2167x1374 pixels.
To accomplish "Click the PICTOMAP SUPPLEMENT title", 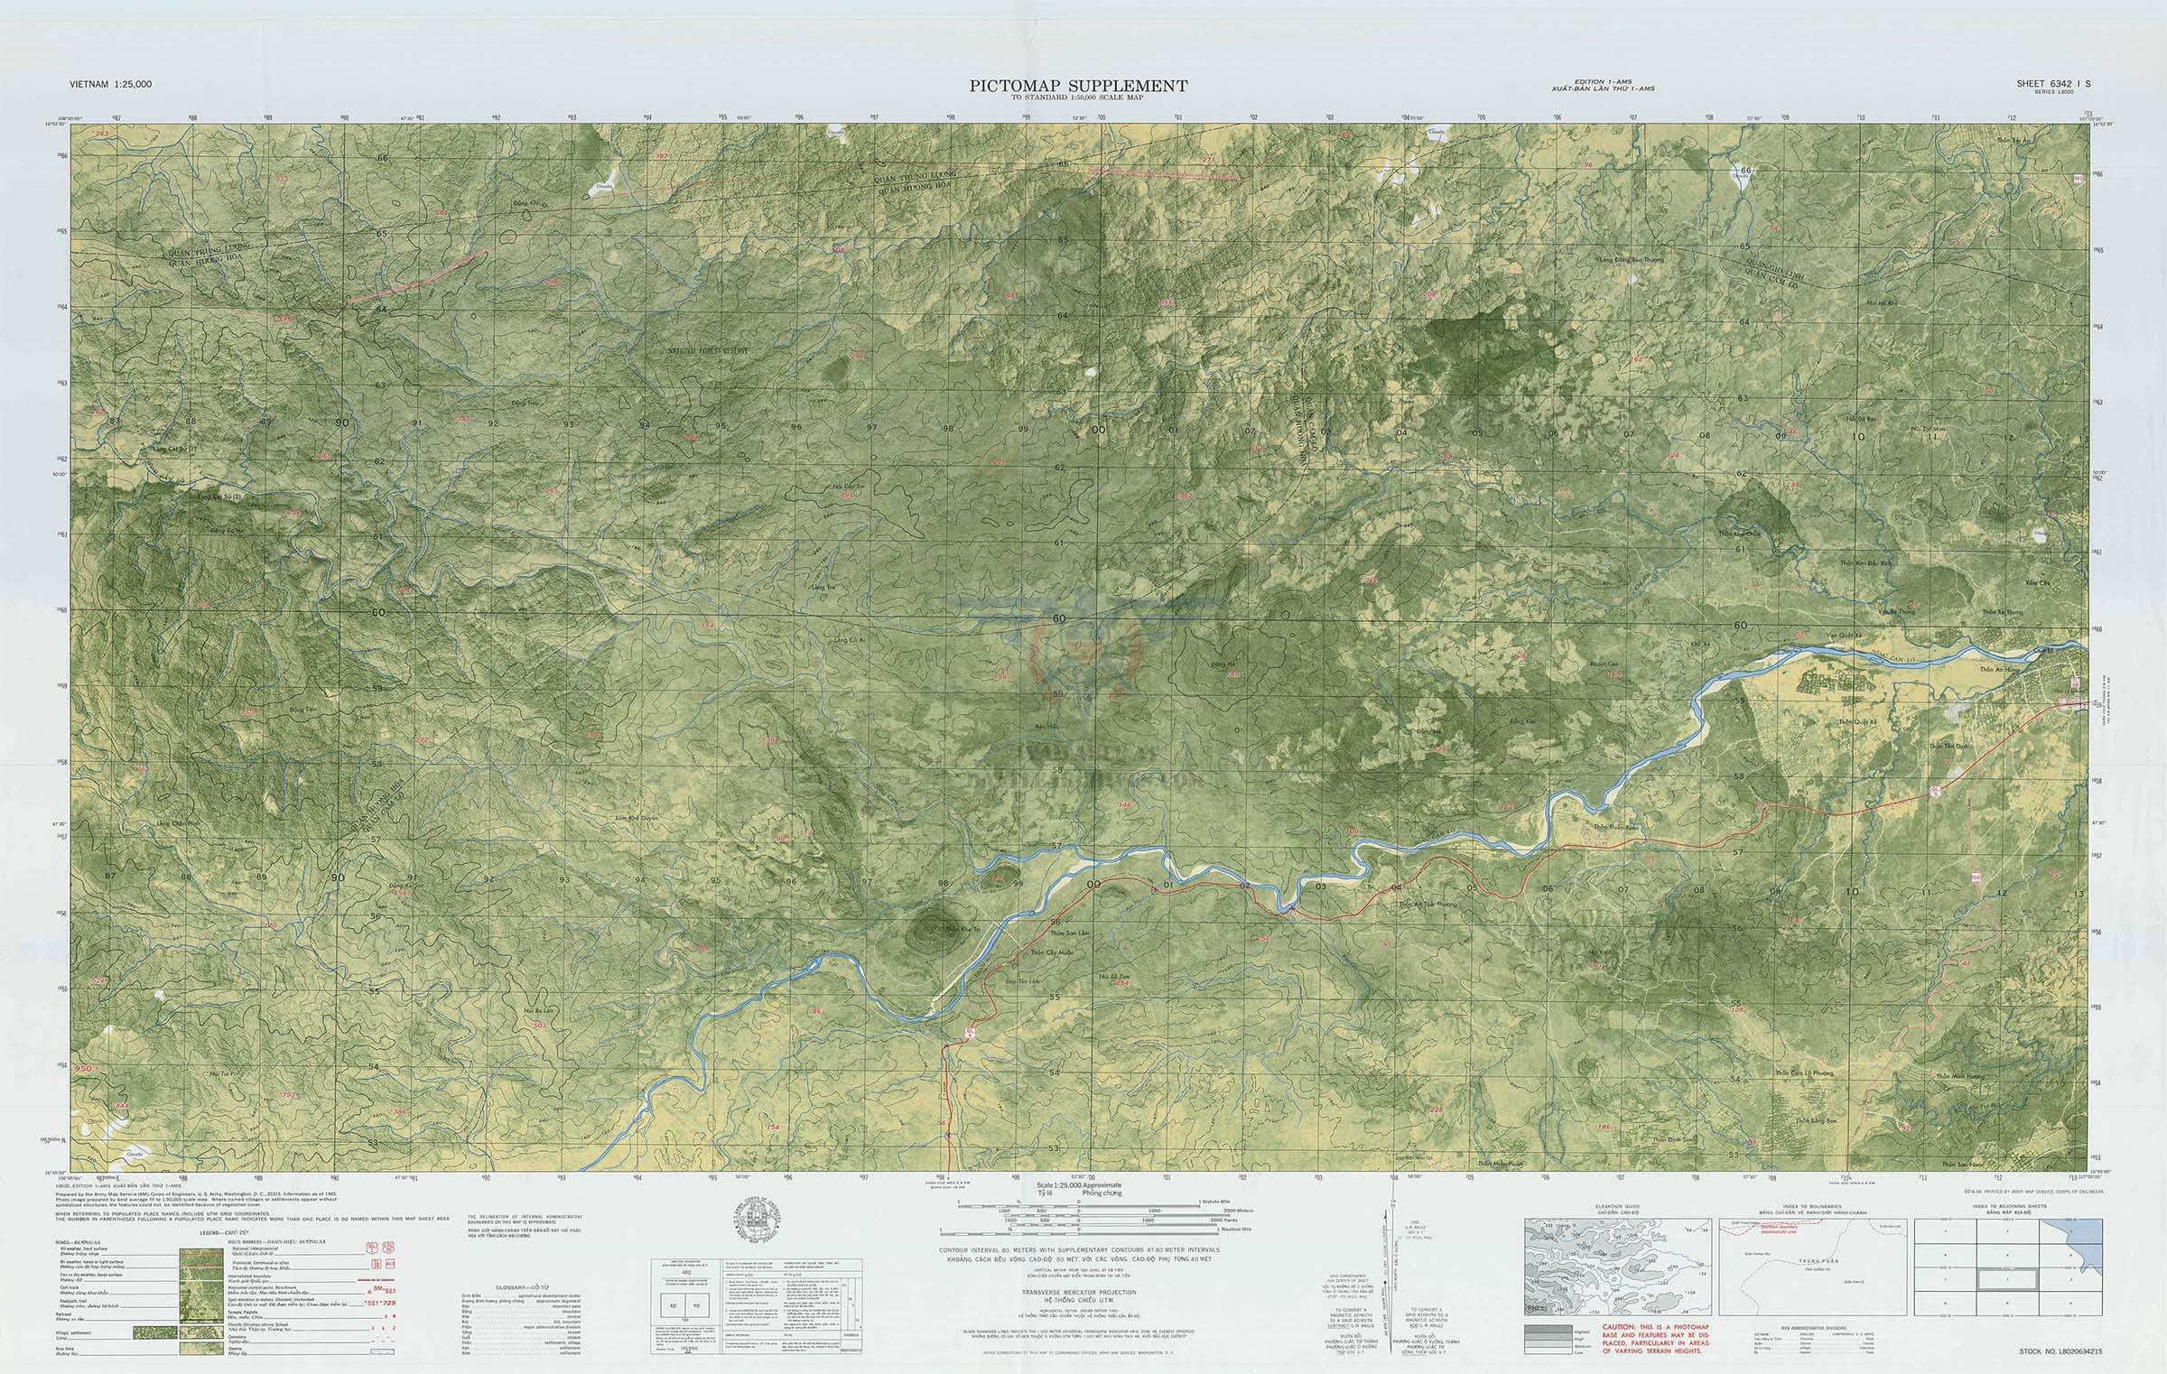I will tap(1078, 86).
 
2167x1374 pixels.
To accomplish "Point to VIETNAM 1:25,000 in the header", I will tap(110, 84).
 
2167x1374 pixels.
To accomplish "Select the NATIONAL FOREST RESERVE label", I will tap(708, 350).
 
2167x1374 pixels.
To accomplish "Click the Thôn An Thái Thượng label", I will tap(1428, 904).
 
